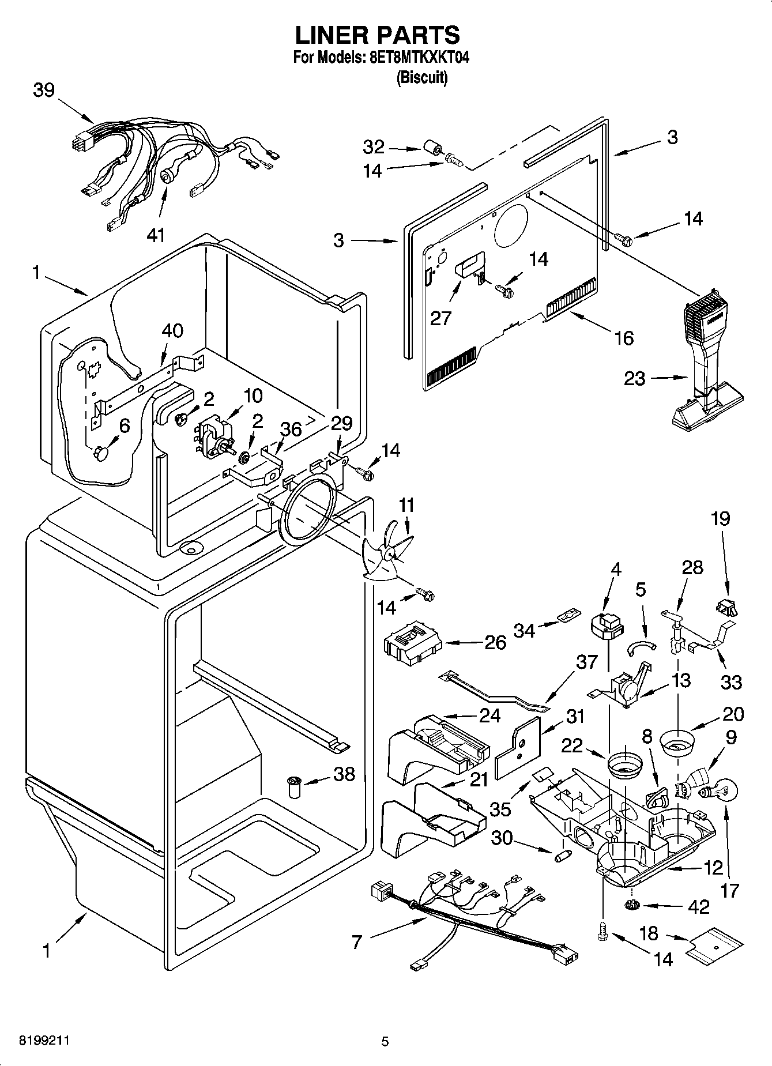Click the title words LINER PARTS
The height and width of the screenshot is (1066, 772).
click(x=378, y=35)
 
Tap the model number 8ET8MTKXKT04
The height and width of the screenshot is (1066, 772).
click(x=415, y=58)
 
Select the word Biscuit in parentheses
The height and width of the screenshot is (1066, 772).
click(x=421, y=78)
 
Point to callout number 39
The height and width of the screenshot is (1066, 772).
click(x=44, y=91)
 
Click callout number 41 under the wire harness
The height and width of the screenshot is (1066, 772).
click(x=156, y=235)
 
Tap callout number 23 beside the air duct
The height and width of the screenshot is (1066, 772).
click(x=635, y=379)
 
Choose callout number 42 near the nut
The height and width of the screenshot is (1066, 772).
click(x=699, y=907)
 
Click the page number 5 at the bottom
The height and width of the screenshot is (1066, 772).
click(x=385, y=1042)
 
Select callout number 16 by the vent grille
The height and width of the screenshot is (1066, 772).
click(x=624, y=337)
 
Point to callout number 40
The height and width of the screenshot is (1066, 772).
click(x=172, y=330)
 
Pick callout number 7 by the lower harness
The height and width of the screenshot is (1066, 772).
click(x=356, y=942)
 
